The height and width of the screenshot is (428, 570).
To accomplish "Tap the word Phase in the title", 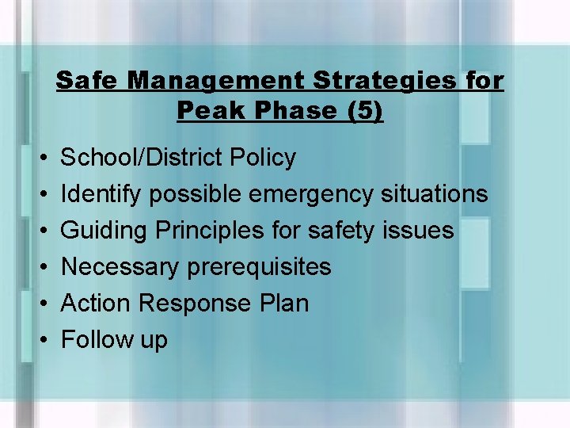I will click(289, 111).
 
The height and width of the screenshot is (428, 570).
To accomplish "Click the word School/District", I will click(142, 158).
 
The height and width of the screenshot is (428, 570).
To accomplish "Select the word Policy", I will click(263, 158).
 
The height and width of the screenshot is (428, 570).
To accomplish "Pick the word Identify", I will click(102, 194).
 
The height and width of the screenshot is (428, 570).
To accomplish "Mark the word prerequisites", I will click(260, 267).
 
